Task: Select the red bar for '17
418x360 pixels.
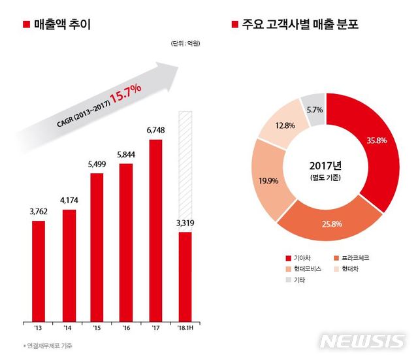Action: tap(155, 228)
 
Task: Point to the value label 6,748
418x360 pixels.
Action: tap(155, 131)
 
